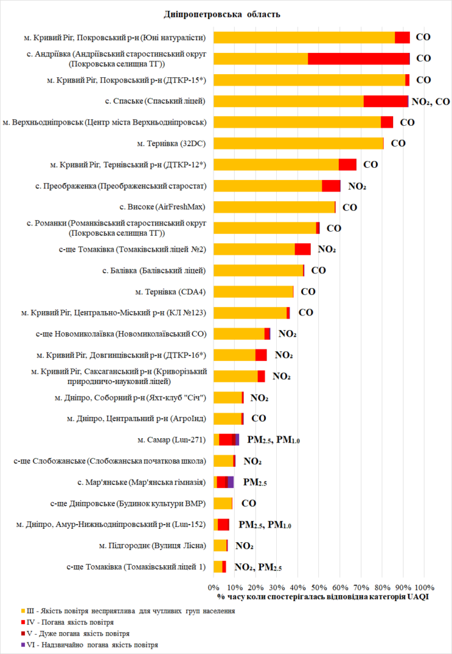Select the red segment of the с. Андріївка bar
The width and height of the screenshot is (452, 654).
tap(359, 59)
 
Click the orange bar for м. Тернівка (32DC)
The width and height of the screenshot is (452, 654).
tap(298, 143)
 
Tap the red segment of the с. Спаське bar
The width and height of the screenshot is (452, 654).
tap(386, 101)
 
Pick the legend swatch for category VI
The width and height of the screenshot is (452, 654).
tap(23, 644)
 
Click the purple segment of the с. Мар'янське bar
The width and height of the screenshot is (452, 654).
tap(230, 482)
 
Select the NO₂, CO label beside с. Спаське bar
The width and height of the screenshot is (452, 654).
tap(431, 101)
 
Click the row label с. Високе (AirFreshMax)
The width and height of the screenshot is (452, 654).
tap(163, 207)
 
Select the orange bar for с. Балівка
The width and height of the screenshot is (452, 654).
tap(258, 270)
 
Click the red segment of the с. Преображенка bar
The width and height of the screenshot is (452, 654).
tap(331, 186)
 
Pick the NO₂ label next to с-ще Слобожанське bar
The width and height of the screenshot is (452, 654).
tap(253, 461)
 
